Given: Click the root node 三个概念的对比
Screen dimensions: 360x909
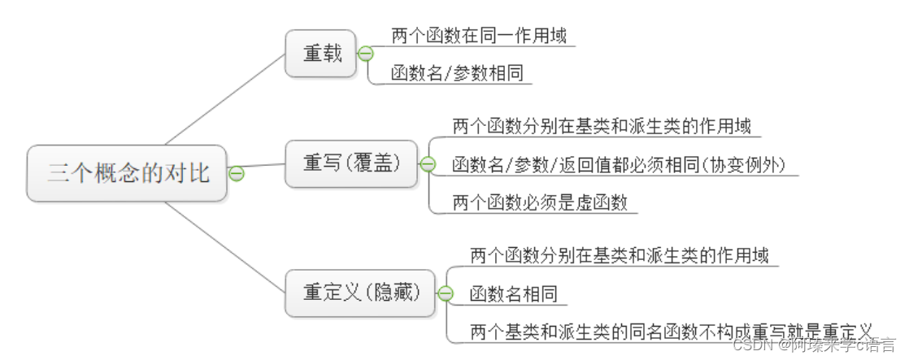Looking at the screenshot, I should pos(128,173).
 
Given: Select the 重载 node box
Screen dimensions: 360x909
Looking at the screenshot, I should pos(320,54).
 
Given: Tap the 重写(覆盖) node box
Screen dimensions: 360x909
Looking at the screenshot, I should pos(351,163).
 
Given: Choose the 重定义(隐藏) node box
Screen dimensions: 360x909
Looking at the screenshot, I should pos(360,293).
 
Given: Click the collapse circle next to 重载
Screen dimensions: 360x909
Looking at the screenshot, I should pos(366,54).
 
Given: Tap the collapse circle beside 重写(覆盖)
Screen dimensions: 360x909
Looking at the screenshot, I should pos(428,164).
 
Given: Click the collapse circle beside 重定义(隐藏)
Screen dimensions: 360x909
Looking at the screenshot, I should pos(446,294).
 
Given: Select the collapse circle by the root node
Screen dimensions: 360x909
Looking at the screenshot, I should pos(237,173).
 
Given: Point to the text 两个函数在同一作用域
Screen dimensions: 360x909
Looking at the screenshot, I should pos(478,36).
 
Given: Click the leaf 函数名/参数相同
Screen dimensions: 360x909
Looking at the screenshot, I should pos(457,74).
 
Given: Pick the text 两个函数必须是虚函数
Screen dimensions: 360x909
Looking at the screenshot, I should pos(540,203).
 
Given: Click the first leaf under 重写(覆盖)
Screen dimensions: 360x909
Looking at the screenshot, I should pos(601,127).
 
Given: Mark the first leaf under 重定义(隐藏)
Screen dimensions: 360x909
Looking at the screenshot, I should pos(619,256).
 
